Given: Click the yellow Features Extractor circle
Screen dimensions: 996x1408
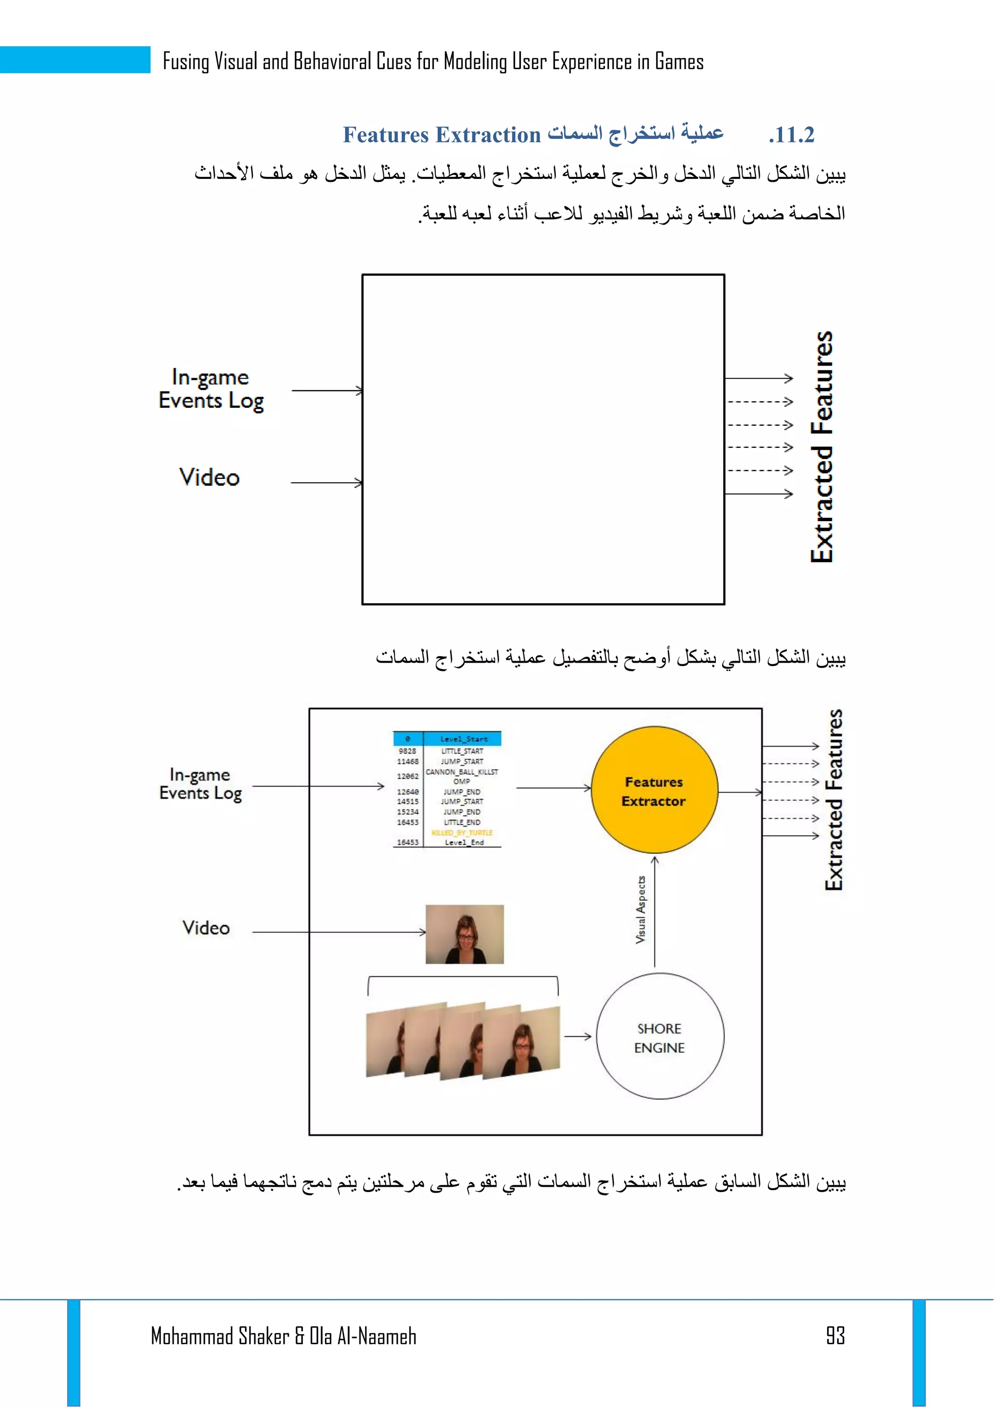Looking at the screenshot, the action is [654, 791].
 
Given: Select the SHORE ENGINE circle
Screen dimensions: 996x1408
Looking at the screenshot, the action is [659, 1037].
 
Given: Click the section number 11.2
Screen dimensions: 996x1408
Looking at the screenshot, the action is [792, 135].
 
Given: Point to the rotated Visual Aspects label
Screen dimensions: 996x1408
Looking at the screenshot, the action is [641, 910].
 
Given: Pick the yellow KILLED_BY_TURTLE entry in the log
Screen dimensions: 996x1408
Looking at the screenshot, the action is [462, 832].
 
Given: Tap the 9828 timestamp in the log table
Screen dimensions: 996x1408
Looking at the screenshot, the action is [407, 751].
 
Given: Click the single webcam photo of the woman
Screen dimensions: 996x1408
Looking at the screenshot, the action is [464, 934].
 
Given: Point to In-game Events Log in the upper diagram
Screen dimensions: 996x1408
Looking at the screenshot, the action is [211, 389].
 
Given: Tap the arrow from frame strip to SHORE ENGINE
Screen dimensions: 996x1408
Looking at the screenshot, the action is [577, 1037].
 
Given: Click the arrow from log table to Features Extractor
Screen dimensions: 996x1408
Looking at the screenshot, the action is [553, 788].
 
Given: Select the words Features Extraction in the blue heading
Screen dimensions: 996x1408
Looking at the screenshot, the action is [441, 135].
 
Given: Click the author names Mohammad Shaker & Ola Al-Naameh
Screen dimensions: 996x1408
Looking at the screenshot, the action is [284, 1336].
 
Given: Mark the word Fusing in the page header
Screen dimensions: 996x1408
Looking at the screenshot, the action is [186, 61].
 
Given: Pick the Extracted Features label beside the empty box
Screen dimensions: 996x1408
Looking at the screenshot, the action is [822, 446].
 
